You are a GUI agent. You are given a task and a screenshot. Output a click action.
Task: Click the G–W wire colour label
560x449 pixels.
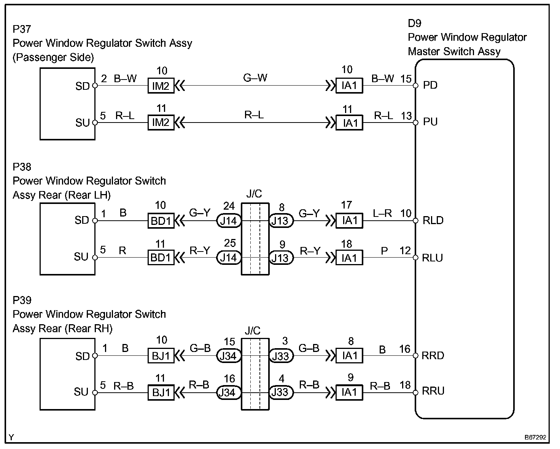tap(255, 78)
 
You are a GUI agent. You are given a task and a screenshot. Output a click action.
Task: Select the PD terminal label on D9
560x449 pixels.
tap(430, 85)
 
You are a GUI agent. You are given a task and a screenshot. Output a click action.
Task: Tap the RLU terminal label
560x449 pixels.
tap(432, 258)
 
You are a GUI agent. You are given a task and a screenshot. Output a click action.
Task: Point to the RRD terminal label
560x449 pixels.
tap(433, 355)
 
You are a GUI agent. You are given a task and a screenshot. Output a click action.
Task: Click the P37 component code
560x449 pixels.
tap(22, 29)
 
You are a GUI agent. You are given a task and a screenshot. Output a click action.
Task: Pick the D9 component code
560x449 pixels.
tap(415, 23)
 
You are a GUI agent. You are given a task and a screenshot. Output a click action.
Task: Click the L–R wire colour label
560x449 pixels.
tap(382, 213)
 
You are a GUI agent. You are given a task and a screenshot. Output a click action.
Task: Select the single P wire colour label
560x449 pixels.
tap(384, 251)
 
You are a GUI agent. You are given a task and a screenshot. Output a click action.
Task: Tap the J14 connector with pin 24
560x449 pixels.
tap(229, 221)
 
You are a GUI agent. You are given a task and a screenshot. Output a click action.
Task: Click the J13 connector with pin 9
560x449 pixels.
tap(281, 258)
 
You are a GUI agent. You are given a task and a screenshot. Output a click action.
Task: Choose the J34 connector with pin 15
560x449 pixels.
tap(229, 355)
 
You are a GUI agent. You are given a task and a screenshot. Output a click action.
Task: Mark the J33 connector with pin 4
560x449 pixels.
tap(281, 392)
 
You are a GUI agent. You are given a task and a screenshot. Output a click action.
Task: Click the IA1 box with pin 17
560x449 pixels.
tap(349, 221)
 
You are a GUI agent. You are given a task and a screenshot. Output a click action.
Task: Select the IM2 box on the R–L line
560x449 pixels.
tap(161, 123)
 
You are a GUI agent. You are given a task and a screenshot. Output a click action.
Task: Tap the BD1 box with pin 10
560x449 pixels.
tap(161, 221)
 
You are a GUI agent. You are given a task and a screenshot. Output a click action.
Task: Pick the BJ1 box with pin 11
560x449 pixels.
tap(161, 392)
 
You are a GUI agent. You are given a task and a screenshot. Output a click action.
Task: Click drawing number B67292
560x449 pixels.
tap(535, 437)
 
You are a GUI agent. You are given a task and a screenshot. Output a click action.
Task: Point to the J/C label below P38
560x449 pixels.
tap(254, 194)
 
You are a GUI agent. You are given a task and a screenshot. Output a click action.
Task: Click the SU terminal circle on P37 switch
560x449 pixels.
tap(95, 123)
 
